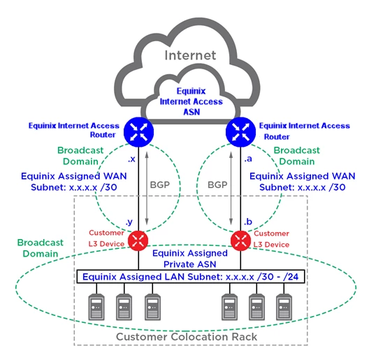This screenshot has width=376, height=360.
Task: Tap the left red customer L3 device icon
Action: tap(139, 240)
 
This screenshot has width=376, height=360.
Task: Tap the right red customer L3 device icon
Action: tap(241, 240)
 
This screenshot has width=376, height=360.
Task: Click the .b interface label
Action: tap(247, 222)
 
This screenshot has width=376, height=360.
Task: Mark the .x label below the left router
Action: tap(130, 160)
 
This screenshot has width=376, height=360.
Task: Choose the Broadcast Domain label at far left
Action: tap(39, 248)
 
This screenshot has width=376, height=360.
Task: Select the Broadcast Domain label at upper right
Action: tap(296, 155)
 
